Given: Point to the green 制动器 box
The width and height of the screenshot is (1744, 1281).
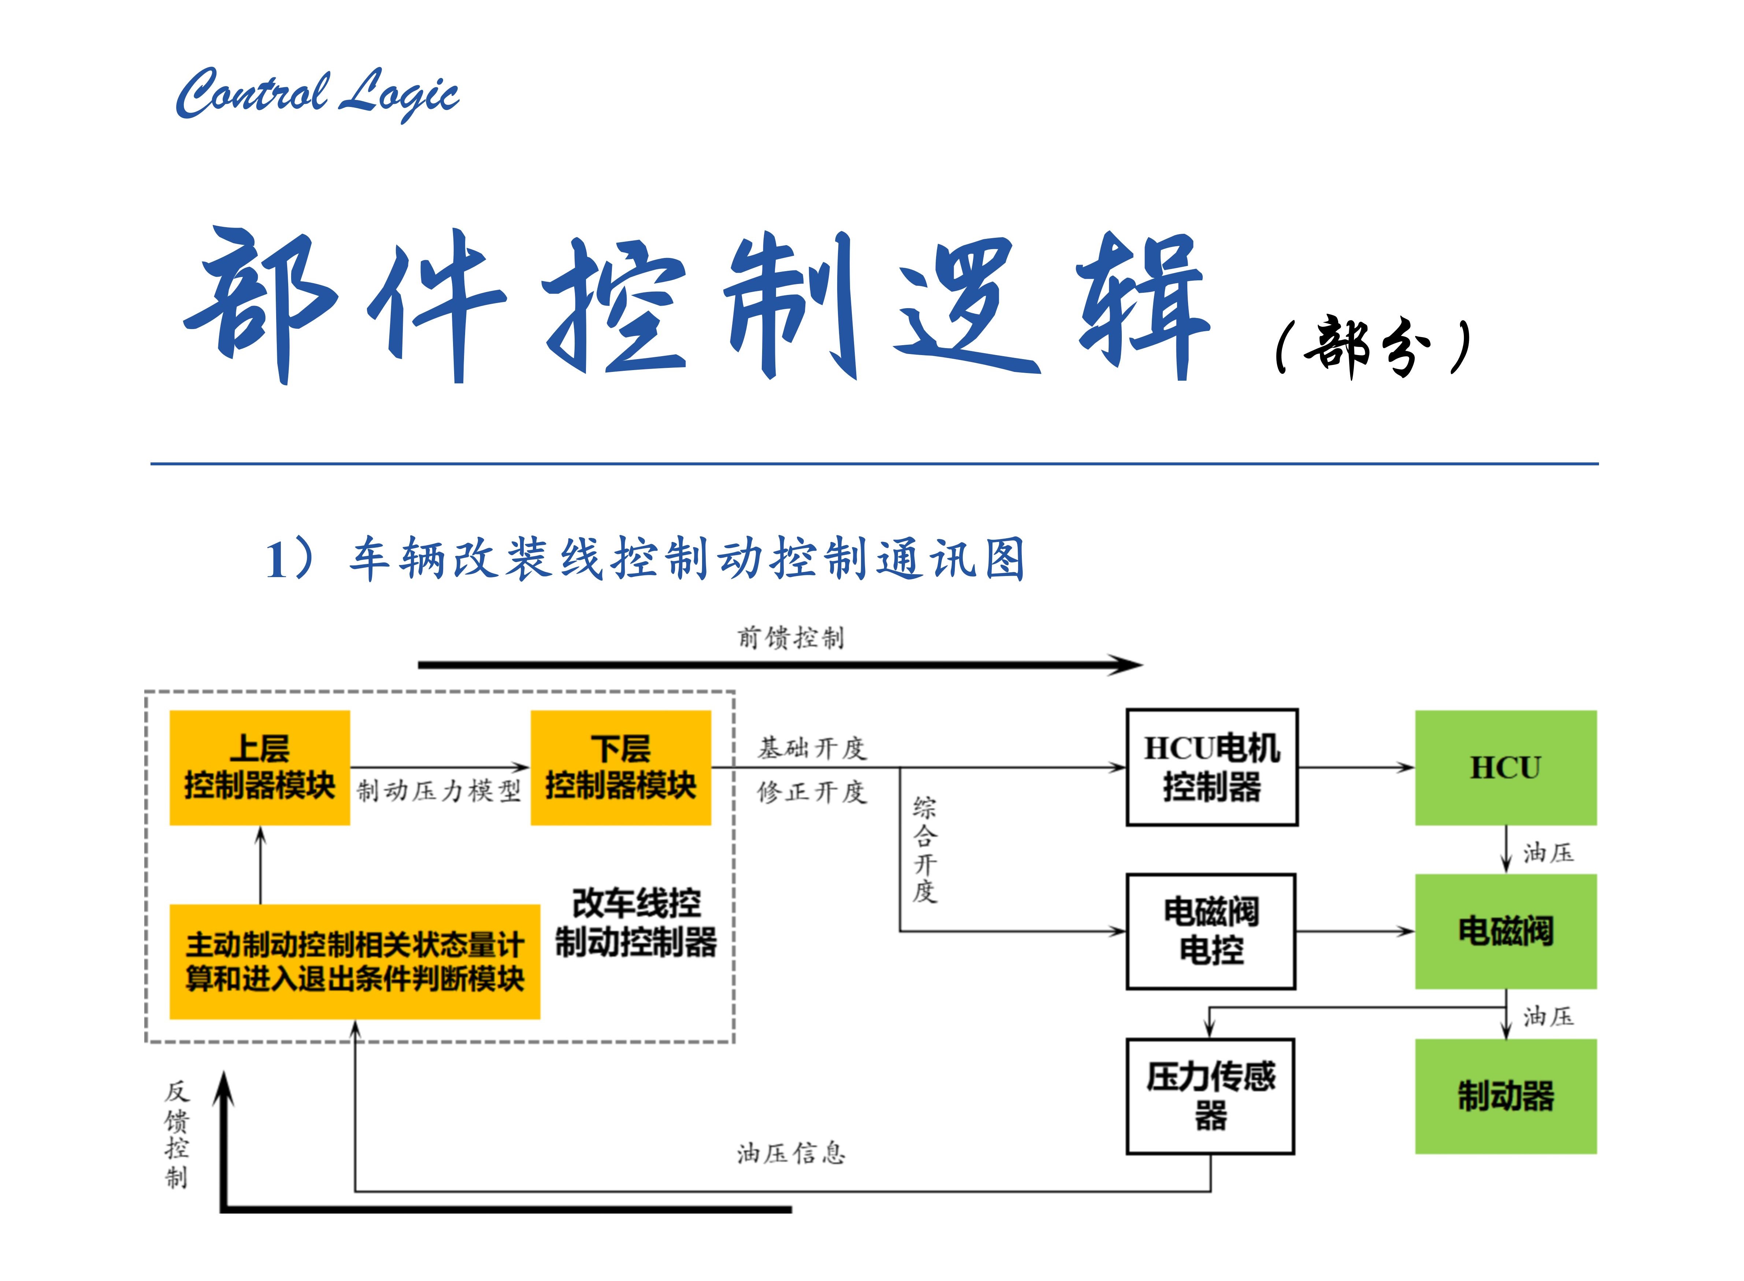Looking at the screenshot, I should [x=1505, y=1096].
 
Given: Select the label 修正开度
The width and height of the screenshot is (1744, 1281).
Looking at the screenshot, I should [x=812, y=792].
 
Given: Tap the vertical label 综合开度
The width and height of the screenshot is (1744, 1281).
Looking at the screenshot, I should [x=924, y=849].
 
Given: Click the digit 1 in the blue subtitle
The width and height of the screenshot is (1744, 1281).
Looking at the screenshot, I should [x=277, y=560].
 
